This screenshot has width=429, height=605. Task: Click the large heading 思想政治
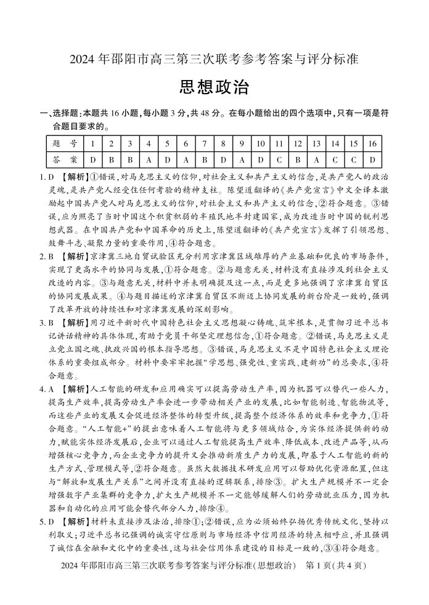click(214, 87)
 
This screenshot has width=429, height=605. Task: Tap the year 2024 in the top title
click(84, 60)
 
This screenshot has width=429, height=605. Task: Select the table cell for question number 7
click(204, 144)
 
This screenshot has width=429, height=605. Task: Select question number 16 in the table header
click(372, 144)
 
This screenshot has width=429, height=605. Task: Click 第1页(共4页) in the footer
click(337, 565)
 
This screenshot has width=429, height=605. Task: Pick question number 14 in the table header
click(335, 144)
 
